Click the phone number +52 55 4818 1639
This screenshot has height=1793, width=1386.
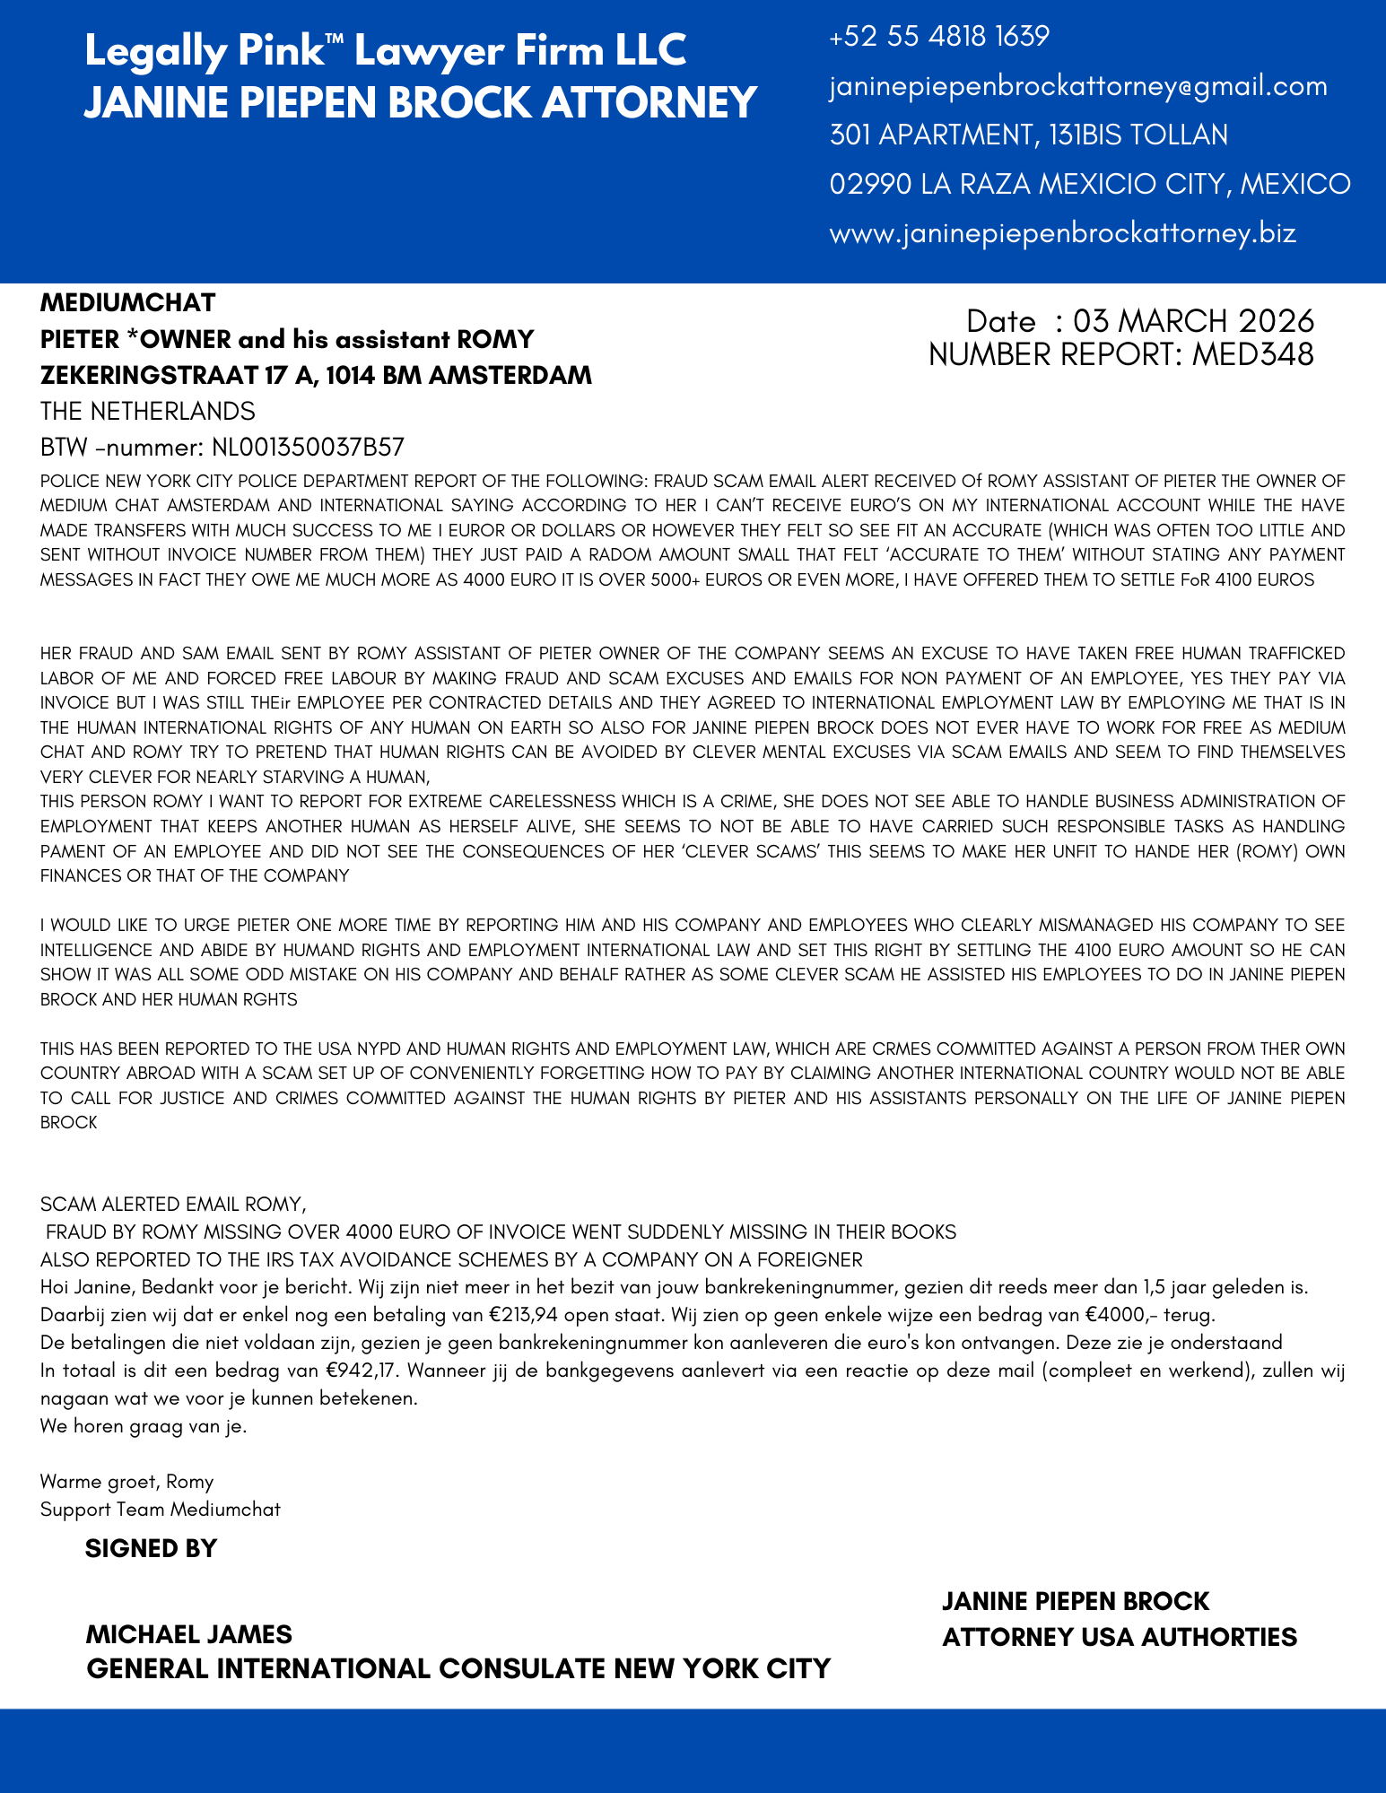pos(939,37)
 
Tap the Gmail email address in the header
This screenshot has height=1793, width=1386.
pos(1078,86)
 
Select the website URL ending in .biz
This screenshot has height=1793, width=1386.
pos(1062,233)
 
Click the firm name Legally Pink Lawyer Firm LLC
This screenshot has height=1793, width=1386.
pos(385,51)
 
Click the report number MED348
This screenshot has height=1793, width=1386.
pos(1252,354)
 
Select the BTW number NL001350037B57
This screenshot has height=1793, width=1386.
pos(308,447)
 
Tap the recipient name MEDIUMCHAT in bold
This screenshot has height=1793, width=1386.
pos(127,302)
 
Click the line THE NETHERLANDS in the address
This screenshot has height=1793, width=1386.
pos(148,411)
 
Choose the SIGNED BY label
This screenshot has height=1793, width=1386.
pos(151,1548)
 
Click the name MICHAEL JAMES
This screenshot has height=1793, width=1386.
pos(188,1633)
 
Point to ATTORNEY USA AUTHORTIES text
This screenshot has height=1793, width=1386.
pos(1119,1637)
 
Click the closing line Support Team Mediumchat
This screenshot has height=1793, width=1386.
pos(161,1509)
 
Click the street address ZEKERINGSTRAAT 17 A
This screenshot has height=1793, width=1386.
pos(170,375)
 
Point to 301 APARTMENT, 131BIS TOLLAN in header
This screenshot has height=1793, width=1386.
pos(1028,135)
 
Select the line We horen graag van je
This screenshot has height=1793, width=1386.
pos(144,1425)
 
